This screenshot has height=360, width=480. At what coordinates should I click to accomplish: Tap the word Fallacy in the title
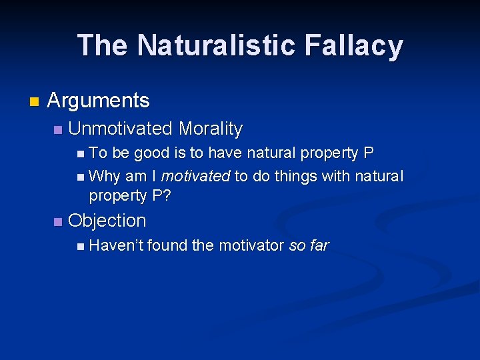pyautogui.click(x=354, y=45)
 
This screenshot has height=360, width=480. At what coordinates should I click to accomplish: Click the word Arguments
pyautogui.click(x=99, y=101)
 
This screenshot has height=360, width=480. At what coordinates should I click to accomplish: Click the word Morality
pyautogui.click(x=211, y=128)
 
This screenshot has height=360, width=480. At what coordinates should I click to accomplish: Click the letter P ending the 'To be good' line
pyautogui.click(x=368, y=153)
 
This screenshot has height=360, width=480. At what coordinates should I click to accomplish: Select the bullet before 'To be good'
pyautogui.click(x=81, y=154)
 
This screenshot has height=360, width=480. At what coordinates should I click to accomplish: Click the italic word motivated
pyautogui.click(x=195, y=176)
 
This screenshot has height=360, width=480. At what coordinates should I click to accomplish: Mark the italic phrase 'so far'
pyautogui.click(x=309, y=245)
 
